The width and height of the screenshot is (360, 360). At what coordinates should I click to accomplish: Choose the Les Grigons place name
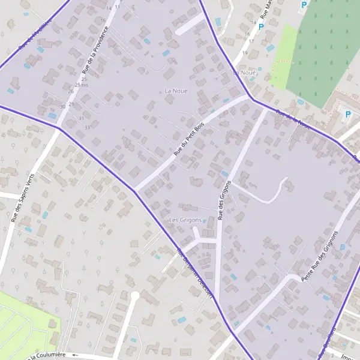pos(185,220)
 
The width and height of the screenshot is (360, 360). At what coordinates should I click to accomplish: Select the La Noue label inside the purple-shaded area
pos(176,91)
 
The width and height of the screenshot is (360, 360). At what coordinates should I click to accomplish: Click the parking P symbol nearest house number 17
pos(261,27)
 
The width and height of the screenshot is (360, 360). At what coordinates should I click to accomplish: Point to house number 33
pos(88,127)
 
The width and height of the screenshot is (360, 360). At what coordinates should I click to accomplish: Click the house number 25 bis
pos(82,85)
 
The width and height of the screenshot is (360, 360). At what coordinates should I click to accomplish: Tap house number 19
pos(245,53)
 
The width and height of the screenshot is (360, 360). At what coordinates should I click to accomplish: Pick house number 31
pos(81,118)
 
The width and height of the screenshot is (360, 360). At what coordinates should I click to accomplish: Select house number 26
pos(71,91)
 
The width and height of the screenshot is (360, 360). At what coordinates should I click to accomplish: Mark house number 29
pos(71,104)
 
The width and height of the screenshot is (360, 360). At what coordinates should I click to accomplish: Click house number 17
pos(251,41)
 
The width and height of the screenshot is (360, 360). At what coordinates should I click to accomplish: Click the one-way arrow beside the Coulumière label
pos(75,355)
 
